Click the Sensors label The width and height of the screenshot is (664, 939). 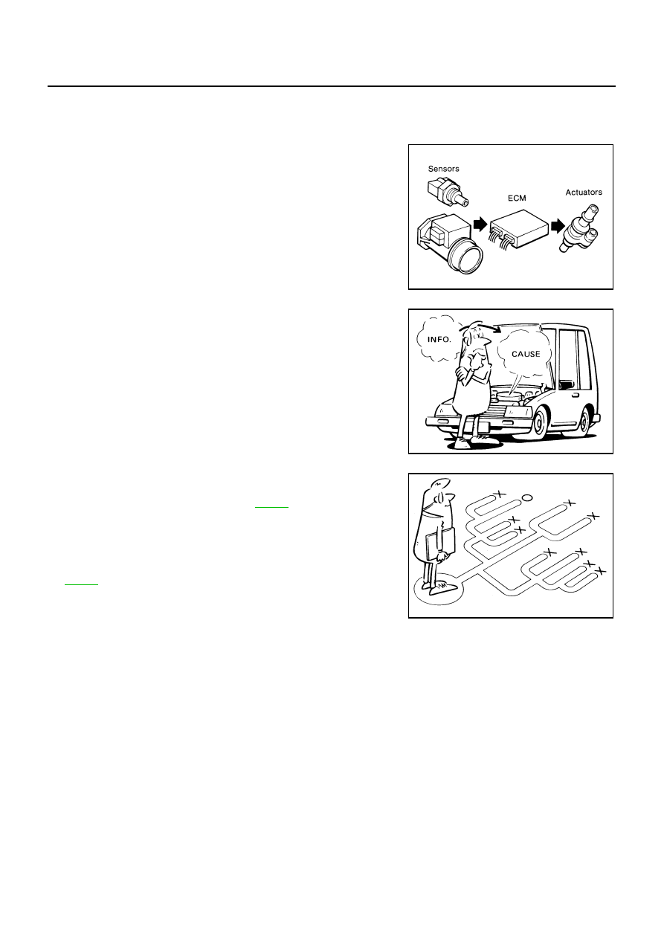pyautogui.click(x=443, y=169)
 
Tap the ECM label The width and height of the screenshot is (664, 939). pyautogui.click(x=517, y=198)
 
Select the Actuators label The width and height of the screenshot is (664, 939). pyautogui.click(x=584, y=192)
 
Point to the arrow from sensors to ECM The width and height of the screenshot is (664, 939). pyautogui.click(x=480, y=224)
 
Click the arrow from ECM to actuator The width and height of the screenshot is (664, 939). pyautogui.click(x=558, y=226)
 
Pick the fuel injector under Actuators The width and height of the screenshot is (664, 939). pyautogui.click(x=580, y=228)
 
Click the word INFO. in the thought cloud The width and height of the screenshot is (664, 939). pyautogui.click(x=439, y=339)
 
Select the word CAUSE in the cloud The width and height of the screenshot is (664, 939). pyautogui.click(x=526, y=354)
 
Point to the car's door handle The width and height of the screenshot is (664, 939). pyautogui.click(x=575, y=395)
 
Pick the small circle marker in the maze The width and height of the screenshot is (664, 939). pyautogui.click(x=526, y=497)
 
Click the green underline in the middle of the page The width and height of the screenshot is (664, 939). pyautogui.click(x=271, y=508)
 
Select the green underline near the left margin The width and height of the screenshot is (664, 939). pyautogui.click(x=81, y=584)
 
